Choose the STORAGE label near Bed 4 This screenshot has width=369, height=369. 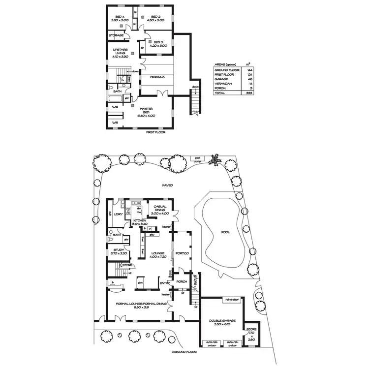pos(116,35)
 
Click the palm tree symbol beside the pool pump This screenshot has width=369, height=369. pos(215,158)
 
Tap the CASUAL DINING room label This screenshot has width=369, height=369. pos(161,210)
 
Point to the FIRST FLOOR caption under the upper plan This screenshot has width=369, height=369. pos(156,132)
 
